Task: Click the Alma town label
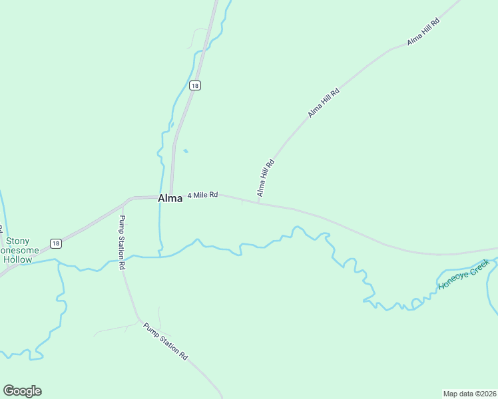click(170, 198)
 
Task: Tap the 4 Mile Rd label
click(202, 195)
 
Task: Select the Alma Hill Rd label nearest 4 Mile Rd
click(266, 178)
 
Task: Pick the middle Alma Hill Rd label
click(324, 103)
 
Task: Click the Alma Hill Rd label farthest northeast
click(423, 32)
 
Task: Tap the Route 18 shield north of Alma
click(194, 85)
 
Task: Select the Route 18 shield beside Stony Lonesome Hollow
click(56, 243)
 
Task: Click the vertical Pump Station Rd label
click(122, 242)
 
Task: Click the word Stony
click(18, 241)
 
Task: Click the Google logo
click(22, 391)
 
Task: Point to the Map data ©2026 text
click(469, 393)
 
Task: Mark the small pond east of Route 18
click(185, 151)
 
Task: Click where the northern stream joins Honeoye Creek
click(160, 255)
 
